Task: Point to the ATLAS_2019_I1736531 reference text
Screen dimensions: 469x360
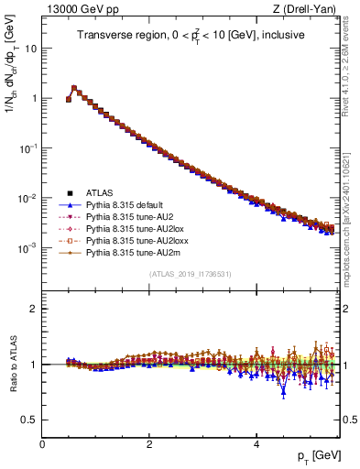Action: click(190, 274)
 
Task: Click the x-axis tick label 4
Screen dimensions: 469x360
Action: click(256, 443)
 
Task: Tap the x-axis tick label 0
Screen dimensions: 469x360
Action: click(42, 443)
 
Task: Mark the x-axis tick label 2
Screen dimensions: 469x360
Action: click(149, 443)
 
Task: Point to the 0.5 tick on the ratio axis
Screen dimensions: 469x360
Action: click(30, 420)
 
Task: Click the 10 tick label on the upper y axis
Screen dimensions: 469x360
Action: click(30, 48)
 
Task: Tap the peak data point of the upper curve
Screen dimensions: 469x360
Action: click(74, 88)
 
